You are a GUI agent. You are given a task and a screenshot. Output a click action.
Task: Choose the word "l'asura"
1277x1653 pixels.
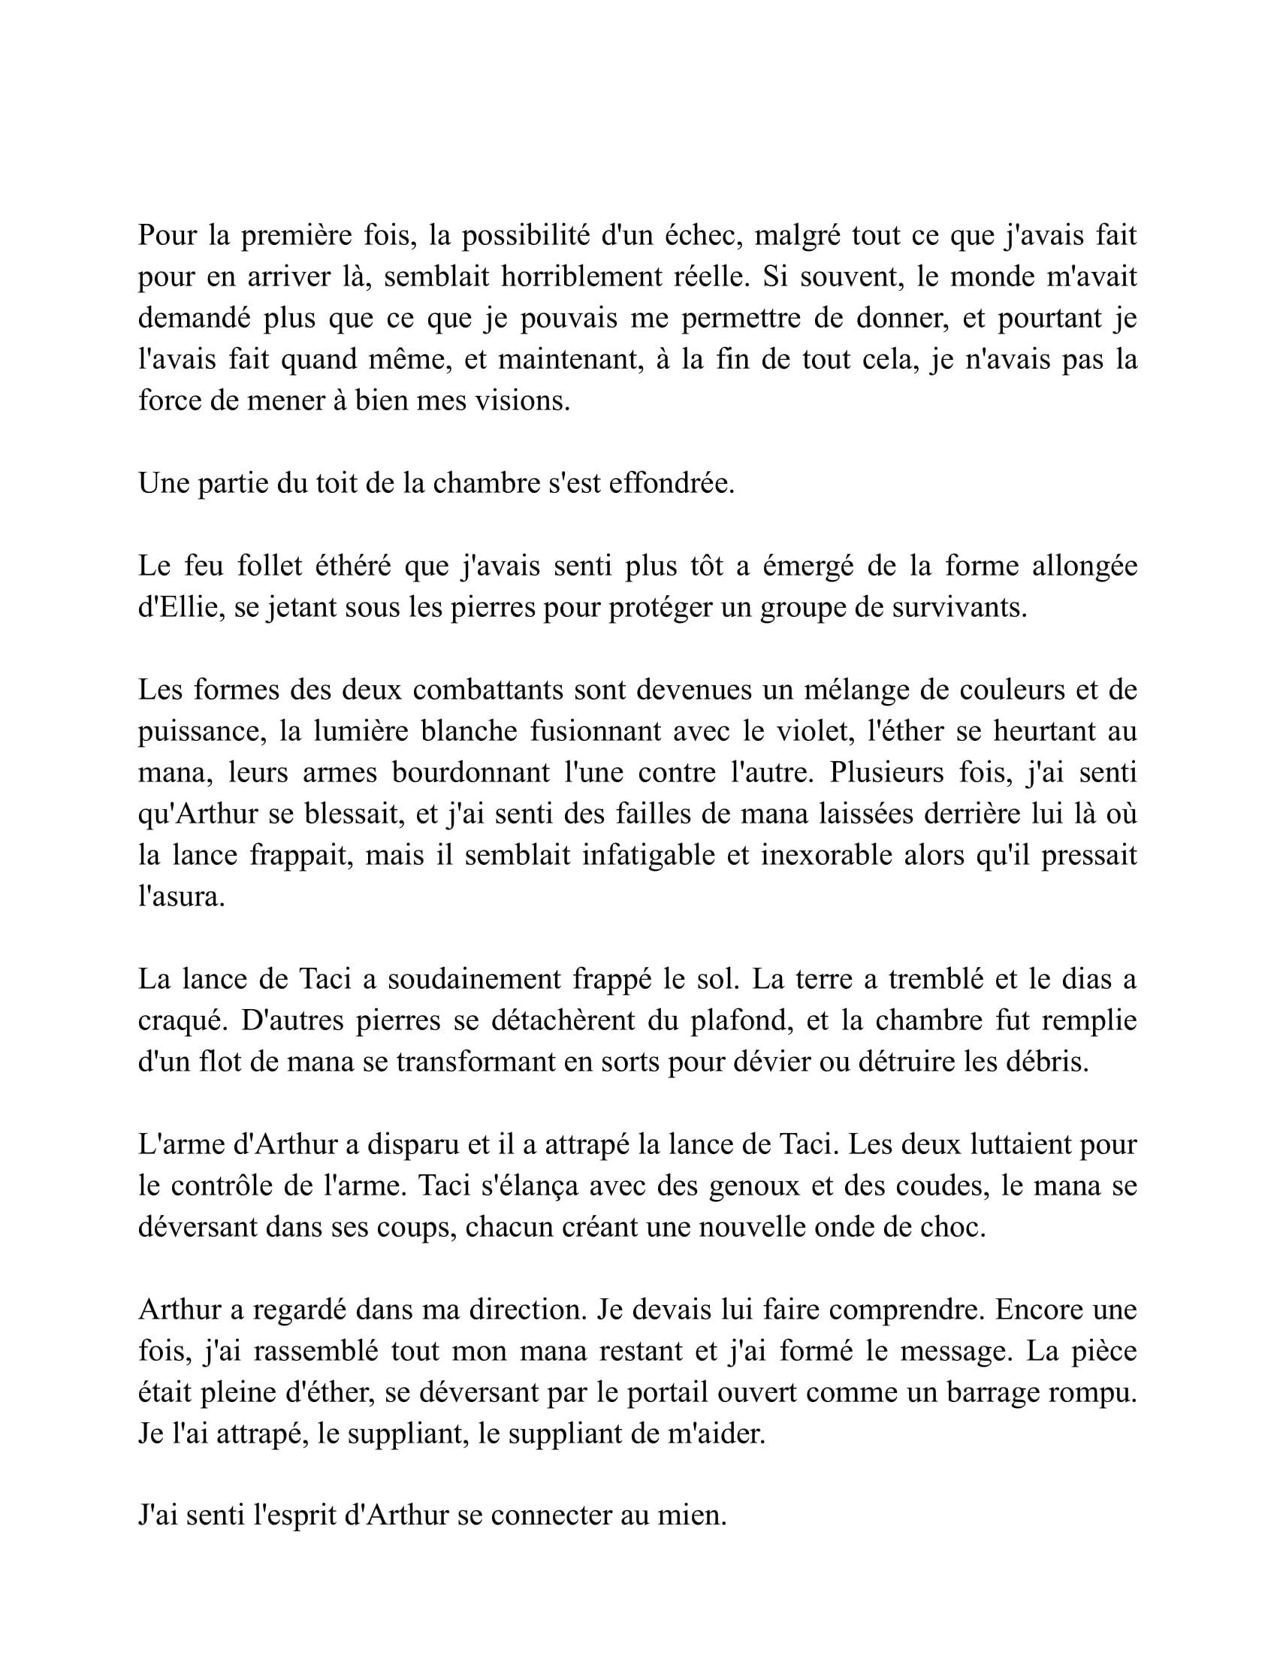click(x=182, y=896)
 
